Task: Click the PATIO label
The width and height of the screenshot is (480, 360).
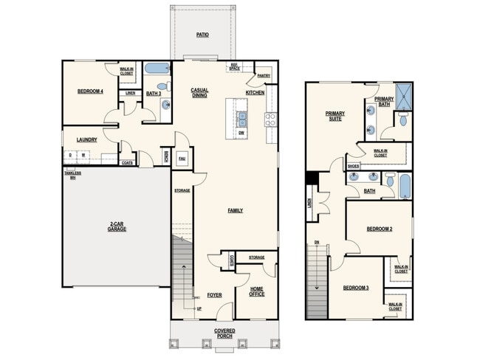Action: [202, 35]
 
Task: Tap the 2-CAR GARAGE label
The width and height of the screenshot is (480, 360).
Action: [117, 226]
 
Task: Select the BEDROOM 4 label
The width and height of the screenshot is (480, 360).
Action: [90, 91]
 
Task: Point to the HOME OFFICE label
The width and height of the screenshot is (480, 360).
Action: [257, 291]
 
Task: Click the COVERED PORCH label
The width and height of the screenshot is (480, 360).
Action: [225, 333]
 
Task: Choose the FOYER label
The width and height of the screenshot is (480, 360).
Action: [214, 295]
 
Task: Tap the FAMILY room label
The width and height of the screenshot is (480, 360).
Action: [235, 210]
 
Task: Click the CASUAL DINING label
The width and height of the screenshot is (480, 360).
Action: [199, 92]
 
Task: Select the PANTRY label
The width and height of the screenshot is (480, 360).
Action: [263, 76]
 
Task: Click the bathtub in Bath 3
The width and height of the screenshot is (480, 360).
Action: [156, 70]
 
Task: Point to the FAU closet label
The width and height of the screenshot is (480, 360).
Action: [182, 159]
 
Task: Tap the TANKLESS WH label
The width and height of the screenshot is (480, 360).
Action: [72, 176]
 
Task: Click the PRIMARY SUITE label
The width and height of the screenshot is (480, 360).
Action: [335, 116]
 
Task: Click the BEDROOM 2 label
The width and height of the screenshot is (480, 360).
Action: [379, 229]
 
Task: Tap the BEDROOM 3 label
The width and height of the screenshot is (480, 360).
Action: [355, 288]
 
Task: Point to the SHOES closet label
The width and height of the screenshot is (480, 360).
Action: [353, 167]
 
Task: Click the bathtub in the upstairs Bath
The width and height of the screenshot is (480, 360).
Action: [405, 185]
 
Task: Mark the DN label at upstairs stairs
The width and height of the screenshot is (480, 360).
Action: [316, 242]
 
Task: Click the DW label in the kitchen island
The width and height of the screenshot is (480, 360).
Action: [241, 133]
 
